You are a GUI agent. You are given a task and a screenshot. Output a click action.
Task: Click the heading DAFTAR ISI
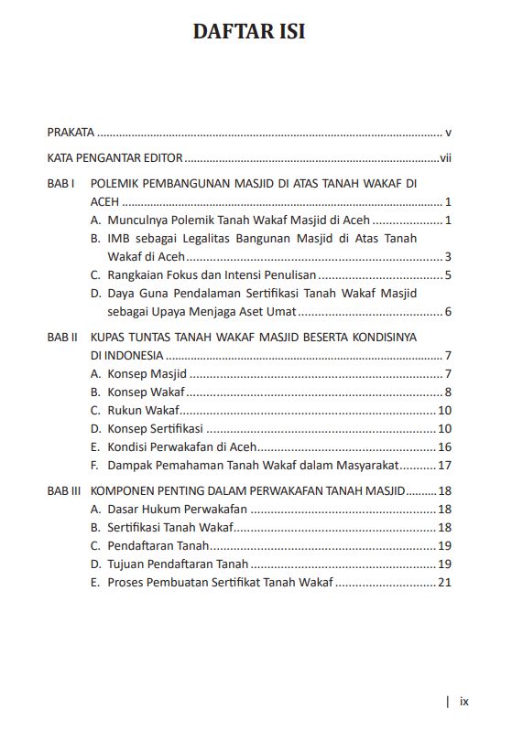(x=249, y=31)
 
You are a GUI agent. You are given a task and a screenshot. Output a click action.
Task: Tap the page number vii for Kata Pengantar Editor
(x=445, y=157)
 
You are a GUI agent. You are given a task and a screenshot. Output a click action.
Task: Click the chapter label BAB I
(x=60, y=184)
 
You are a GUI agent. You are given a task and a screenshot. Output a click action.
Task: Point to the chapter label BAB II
(x=62, y=337)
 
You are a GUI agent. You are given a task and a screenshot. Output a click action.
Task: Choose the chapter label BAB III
(x=64, y=490)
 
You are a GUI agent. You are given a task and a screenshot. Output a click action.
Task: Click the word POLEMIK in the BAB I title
(x=118, y=184)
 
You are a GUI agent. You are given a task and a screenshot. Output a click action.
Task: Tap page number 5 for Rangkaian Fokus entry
(x=448, y=274)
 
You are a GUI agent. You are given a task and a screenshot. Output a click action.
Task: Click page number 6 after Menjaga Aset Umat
(x=448, y=312)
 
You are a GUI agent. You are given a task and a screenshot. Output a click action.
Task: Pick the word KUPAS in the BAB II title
(x=109, y=337)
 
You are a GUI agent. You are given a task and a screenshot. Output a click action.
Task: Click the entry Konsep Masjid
(x=147, y=373)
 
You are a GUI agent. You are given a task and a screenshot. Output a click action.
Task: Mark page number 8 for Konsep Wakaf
(x=448, y=392)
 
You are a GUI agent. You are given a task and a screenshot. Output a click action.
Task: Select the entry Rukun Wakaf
(x=143, y=410)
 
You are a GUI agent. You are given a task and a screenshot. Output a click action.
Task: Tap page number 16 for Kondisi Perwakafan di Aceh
(x=445, y=446)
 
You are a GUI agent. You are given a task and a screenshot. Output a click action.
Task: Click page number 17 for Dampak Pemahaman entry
(x=445, y=465)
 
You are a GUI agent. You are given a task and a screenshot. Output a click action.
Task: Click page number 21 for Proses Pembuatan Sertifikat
(x=445, y=582)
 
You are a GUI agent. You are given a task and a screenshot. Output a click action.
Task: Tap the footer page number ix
(x=464, y=702)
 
